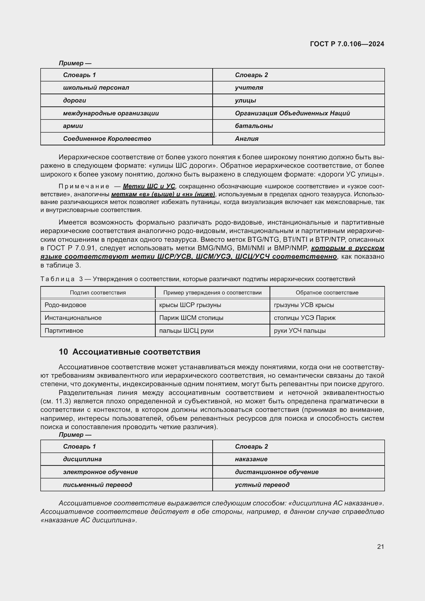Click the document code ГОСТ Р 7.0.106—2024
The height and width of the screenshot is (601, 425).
347,44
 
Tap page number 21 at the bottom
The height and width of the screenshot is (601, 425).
381,547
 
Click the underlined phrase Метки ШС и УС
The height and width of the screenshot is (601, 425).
149,186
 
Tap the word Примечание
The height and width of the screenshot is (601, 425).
84,186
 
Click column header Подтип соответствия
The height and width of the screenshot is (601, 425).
98,293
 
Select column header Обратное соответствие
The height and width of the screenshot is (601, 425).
327,293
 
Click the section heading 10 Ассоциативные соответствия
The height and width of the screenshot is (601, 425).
130,352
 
